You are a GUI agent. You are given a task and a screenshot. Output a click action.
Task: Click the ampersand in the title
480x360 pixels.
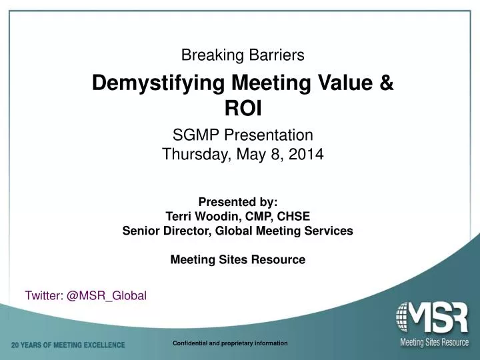tap(386, 84)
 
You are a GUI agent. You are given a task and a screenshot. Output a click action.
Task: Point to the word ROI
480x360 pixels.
tap(243, 108)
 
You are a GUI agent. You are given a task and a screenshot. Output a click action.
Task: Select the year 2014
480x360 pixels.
tap(307, 155)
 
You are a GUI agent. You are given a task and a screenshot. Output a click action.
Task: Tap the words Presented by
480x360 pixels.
tap(237, 202)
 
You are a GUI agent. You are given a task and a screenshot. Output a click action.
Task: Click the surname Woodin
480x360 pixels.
tap(209, 217)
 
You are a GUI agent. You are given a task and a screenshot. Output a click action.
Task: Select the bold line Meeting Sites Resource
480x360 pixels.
tap(238, 260)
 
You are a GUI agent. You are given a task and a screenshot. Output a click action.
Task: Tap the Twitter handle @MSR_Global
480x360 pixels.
tap(106, 295)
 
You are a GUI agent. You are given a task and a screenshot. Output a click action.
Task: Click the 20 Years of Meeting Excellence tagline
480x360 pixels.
tap(68, 345)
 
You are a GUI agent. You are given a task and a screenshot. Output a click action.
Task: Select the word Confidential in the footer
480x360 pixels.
tap(191, 343)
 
